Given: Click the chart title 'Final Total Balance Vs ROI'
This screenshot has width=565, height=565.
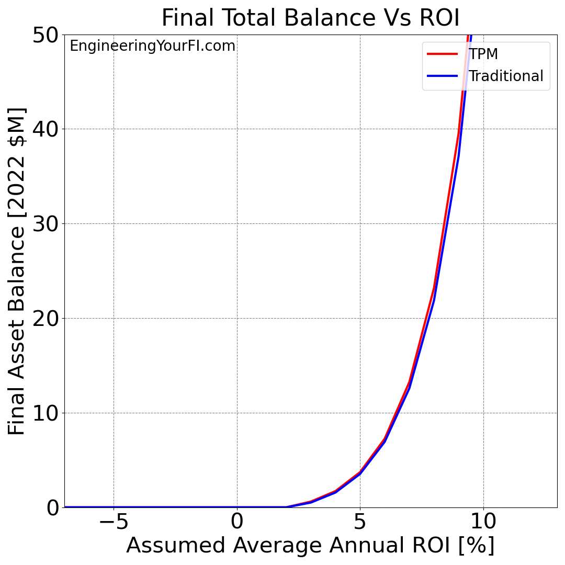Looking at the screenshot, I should [x=310, y=18].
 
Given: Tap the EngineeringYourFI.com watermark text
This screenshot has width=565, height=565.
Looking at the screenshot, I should [x=152, y=46].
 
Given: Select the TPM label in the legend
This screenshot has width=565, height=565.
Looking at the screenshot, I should [x=483, y=54].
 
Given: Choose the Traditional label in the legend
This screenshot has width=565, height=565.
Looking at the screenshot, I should [x=505, y=76].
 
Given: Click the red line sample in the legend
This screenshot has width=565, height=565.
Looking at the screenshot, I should [x=442, y=54].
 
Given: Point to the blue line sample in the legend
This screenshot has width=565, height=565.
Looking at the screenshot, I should [x=442, y=76].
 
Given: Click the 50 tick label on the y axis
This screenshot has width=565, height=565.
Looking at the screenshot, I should [x=45, y=35].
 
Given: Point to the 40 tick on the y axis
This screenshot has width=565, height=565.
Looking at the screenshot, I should [x=45, y=129].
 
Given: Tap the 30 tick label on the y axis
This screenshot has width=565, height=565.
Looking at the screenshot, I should [x=45, y=224].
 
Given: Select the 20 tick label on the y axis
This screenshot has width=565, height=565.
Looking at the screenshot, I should [x=45, y=319].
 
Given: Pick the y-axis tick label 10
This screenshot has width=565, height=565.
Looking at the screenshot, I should [x=45, y=413].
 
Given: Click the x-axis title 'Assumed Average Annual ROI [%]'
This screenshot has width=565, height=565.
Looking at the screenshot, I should [x=310, y=546].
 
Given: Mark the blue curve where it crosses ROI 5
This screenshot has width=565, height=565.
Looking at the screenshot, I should [x=360, y=474].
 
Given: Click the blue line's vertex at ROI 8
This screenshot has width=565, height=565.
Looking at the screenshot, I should [x=434, y=299].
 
